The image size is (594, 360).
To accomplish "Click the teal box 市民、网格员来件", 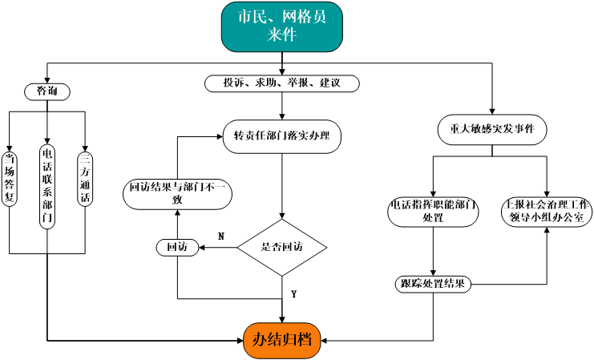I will click(x=282, y=26).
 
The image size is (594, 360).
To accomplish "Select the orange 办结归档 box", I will click(x=282, y=340).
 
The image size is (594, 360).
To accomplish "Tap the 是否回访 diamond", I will click(x=282, y=247).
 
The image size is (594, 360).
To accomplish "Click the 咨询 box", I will click(x=47, y=92).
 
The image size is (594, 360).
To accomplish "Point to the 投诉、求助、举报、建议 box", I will click(x=281, y=83).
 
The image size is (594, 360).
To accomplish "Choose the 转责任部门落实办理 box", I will click(x=281, y=136).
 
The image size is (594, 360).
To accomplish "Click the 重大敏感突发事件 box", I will click(x=492, y=129).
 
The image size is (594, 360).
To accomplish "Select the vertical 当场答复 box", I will click(x=10, y=179).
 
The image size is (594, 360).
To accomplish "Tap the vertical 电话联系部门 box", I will click(x=47, y=186).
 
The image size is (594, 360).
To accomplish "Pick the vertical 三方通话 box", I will click(x=85, y=179).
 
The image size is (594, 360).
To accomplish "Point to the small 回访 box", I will click(x=177, y=248).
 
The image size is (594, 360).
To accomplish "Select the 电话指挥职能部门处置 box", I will click(x=434, y=211).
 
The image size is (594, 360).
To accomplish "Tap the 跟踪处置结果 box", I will click(x=434, y=284).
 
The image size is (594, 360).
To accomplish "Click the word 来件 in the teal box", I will click(x=282, y=35).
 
